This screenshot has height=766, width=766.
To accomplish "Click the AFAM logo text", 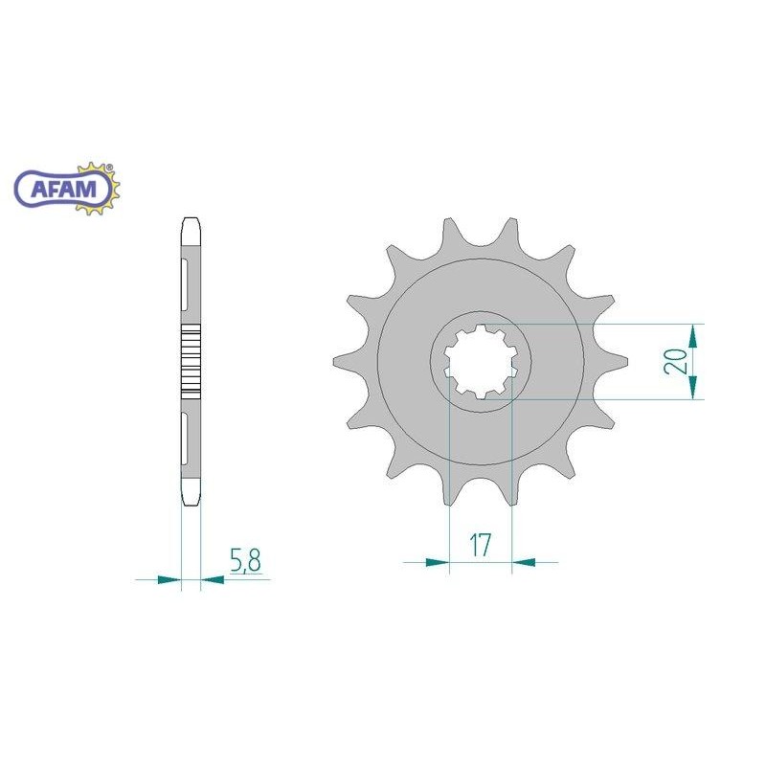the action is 63,188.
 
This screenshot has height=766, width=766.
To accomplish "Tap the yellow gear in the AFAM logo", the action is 101,188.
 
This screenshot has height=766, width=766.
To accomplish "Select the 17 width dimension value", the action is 480,545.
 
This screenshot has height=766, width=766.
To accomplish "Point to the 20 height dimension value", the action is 676,362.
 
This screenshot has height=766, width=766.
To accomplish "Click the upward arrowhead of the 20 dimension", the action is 692,336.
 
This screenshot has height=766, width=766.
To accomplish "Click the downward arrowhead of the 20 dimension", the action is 692,388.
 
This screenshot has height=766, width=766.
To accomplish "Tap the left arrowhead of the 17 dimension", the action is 438,562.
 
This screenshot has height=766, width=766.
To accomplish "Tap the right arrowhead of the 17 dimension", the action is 523,562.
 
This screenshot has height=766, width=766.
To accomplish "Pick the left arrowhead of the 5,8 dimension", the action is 169,580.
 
